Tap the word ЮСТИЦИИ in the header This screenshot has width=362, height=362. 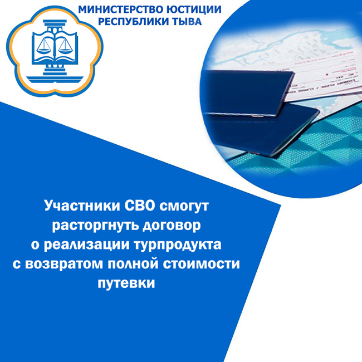pyautogui.click(x=190, y=9)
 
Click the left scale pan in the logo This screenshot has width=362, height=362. pyautogui.click(x=45, y=46)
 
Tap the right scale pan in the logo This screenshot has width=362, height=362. pyautogui.click(x=65, y=46)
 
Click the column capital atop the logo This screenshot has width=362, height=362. pyautogui.click(x=55, y=23)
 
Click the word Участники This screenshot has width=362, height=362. pyautogui.click(x=82, y=206)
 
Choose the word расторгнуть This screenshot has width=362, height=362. pyautogui.click(x=95, y=226)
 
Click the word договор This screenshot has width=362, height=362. pyautogui.click(x=172, y=226)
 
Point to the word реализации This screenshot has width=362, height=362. pyautogui.click(x=86, y=245)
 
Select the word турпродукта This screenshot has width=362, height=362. pyautogui.click(x=178, y=245)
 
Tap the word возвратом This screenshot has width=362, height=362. pyautogui.click(x=64, y=264)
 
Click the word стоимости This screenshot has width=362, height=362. pyautogui.click(x=201, y=263)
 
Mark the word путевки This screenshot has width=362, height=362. pyautogui.click(x=126, y=283)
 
